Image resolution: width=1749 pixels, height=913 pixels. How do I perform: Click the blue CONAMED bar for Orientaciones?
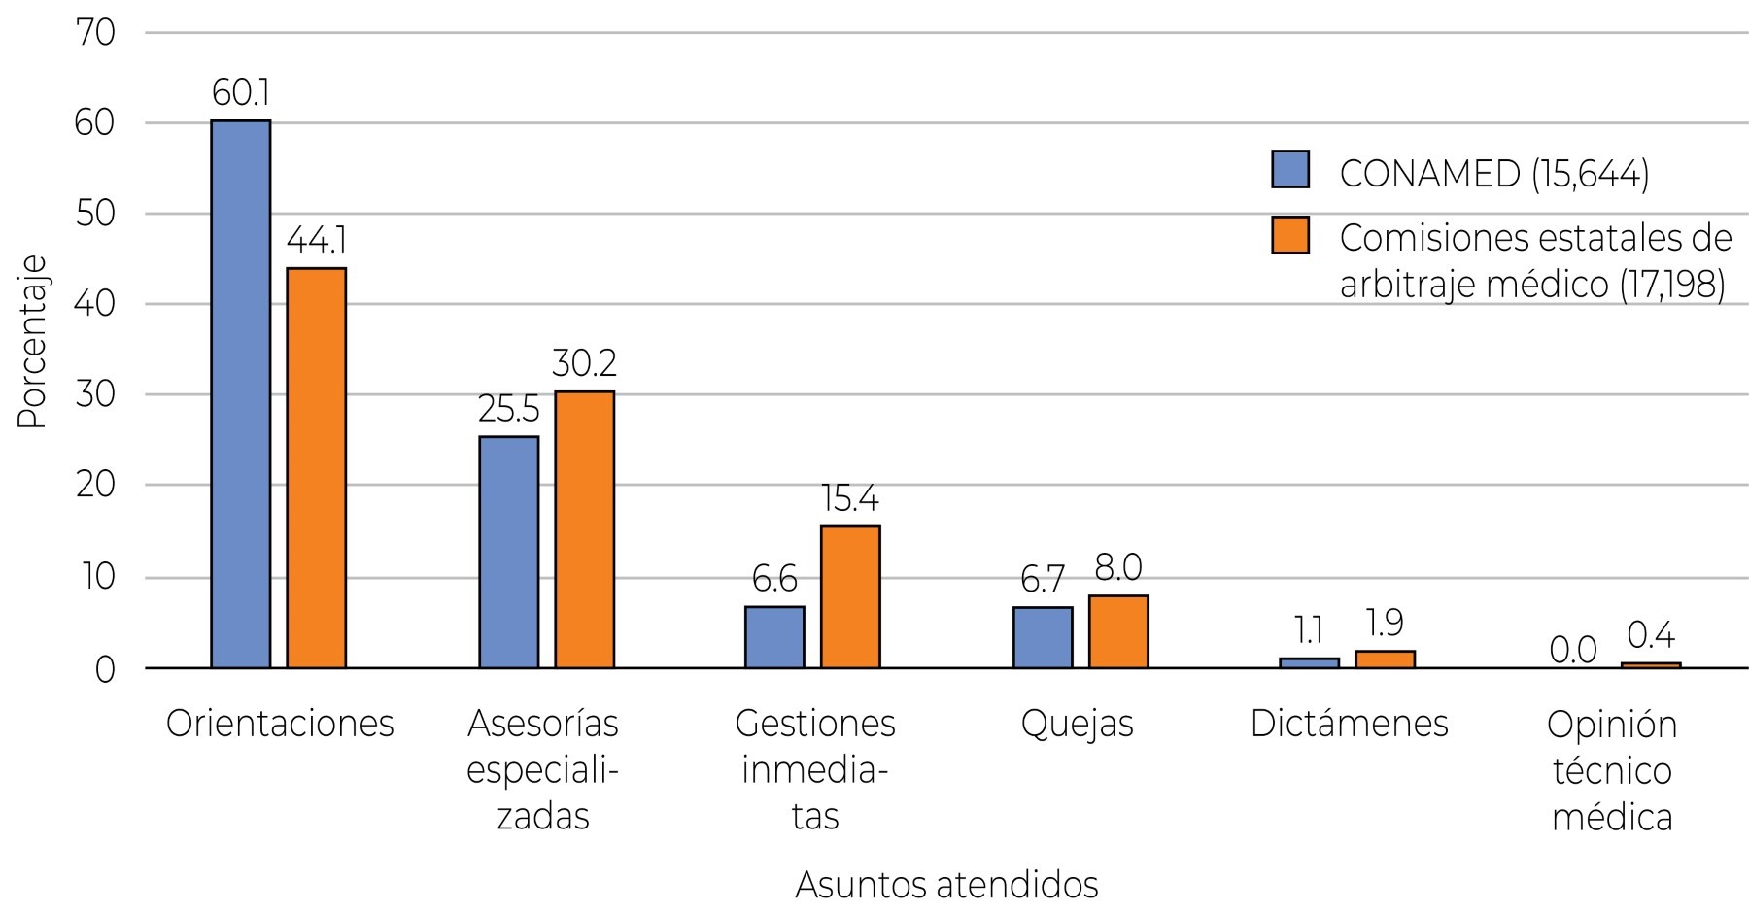point(241,393)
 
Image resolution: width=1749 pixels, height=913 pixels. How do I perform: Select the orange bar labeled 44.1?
point(316,467)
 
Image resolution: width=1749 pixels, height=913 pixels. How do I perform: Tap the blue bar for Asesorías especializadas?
point(509,552)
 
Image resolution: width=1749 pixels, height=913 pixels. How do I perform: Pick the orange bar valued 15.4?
point(850,596)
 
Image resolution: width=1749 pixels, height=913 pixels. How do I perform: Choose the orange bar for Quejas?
point(1118,631)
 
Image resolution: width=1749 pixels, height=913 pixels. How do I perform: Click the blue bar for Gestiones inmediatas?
point(774,637)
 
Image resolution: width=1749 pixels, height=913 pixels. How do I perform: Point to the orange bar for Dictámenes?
point(1385,659)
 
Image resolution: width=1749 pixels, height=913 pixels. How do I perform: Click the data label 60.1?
point(241,93)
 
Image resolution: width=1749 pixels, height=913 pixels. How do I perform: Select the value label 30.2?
point(584,363)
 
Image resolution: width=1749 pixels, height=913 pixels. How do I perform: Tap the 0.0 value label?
point(1573,650)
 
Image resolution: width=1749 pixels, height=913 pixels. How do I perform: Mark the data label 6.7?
point(1042,580)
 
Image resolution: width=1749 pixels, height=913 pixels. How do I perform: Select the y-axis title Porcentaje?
point(32,342)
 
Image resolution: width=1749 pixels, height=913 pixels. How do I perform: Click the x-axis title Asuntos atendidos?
point(946,885)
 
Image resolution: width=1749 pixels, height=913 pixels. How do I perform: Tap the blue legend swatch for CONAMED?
point(1290,169)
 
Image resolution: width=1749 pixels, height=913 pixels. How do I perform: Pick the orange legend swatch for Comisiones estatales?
point(1290,235)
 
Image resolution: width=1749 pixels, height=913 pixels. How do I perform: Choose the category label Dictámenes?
point(1349,724)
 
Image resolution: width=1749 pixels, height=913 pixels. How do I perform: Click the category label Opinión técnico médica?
point(1612,770)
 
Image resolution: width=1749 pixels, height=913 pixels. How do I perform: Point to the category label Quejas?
point(1077,724)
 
